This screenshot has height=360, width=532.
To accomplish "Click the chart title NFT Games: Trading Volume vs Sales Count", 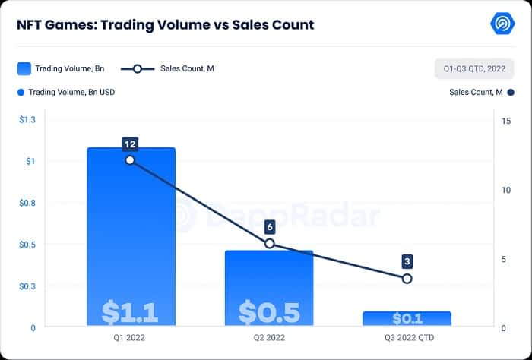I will tap(165, 25).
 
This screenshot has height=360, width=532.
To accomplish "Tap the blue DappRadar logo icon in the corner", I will tap(503, 24).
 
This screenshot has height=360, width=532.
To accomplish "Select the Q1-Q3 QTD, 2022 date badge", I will tap(474, 68).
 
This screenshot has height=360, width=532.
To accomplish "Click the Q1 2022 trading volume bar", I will tap(131, 228).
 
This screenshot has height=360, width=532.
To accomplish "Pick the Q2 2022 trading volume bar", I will tap(269, 281).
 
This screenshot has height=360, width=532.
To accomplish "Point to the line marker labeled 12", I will tap(130, 160).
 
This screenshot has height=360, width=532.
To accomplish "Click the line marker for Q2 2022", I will tap(269, 244).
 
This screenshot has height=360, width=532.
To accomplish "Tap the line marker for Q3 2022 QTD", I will tap(407, 279).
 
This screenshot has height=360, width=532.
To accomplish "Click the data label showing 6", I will tap(269, 226).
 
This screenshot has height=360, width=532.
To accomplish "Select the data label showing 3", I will tap(407, 261).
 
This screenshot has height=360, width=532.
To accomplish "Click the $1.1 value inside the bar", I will tap(130, 312).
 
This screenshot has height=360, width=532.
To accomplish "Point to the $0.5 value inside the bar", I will tap(269, 312).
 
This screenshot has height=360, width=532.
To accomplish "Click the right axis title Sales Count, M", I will tap(476, 93).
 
